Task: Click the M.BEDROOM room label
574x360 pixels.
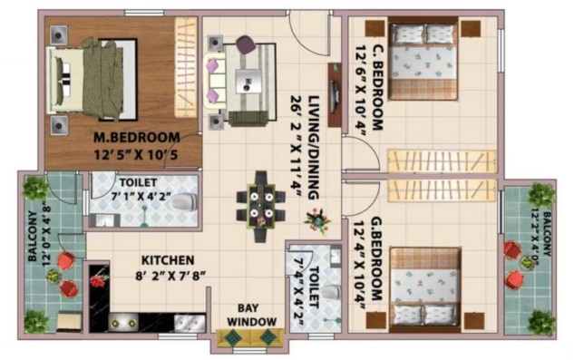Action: pyautogui.click(x=137, y=137)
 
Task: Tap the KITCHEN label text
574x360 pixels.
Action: pyautogui.click(x=168, y=260)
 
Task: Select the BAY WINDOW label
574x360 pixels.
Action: pyautogui.click(x=251, y=315)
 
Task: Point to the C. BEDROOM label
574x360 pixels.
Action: pyautogui.click(x=377, y=88)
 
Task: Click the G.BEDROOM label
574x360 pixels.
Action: pyautogui.click(x=377, y=259)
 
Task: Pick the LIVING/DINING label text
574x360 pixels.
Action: pyautogui.click(x=314, y=148)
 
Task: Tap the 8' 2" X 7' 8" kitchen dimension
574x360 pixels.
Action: pyautogui.click(x=170, y=276)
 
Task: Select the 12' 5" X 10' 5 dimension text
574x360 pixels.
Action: pyautogui.click(x=136, y=155)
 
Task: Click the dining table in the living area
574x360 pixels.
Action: pyautogui.click(x=260, y=206)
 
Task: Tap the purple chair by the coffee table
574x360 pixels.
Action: pyautogui.click(x=246, y=44)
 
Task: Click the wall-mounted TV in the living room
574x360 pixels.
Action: pyautogui.click(x=335, y=95)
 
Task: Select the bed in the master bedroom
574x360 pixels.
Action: pyautogui.click(x=92, y=80)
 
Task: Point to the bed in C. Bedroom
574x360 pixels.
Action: pyautogui.click(x=423, y=58)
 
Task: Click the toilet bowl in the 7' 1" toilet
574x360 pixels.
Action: pyautogui.click(x=184, y=202)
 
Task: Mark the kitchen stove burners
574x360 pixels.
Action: pyautogui.click(x=123, y=323)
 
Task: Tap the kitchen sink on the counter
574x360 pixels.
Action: pyautogui.click(x=190, y=323)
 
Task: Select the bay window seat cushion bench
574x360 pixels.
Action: pyautogui.click(x=250, y=337)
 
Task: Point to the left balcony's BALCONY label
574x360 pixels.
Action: pyautogui.click(x=33, y=236)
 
